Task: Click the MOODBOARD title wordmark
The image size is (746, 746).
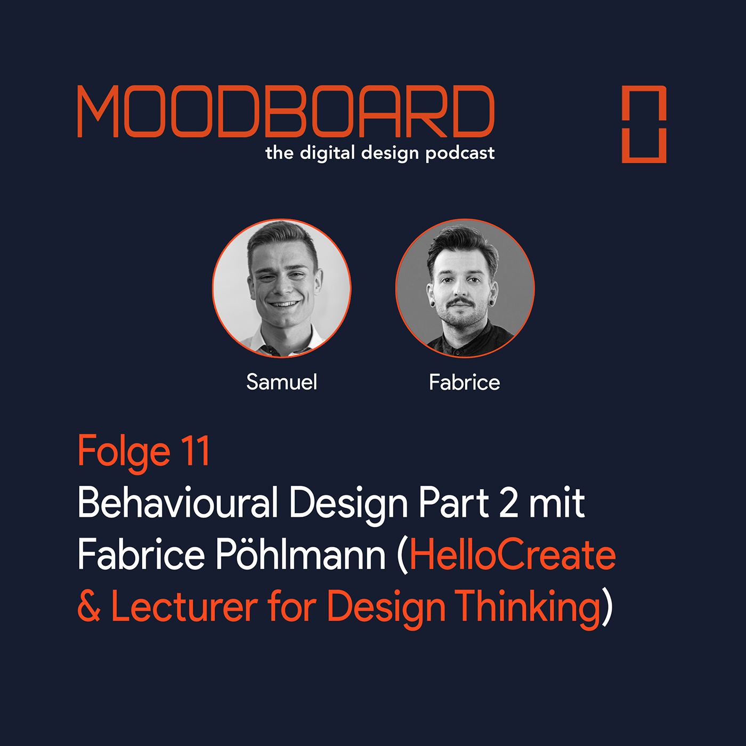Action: (286, 111)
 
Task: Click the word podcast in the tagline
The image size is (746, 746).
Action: (460, 153)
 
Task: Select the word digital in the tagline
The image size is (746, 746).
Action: (327, 153)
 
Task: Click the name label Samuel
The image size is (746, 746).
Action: (282, 382)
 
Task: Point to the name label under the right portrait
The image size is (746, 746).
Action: (465, 383)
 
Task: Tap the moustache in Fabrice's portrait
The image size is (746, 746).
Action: (459, 301)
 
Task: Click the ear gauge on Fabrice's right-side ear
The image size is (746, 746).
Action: (492, 302)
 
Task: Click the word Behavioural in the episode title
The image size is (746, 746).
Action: (177, 502)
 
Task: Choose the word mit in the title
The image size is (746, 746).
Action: (557, 502)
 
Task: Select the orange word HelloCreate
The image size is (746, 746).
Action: (513, 554)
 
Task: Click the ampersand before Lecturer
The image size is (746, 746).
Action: (89, 606)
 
